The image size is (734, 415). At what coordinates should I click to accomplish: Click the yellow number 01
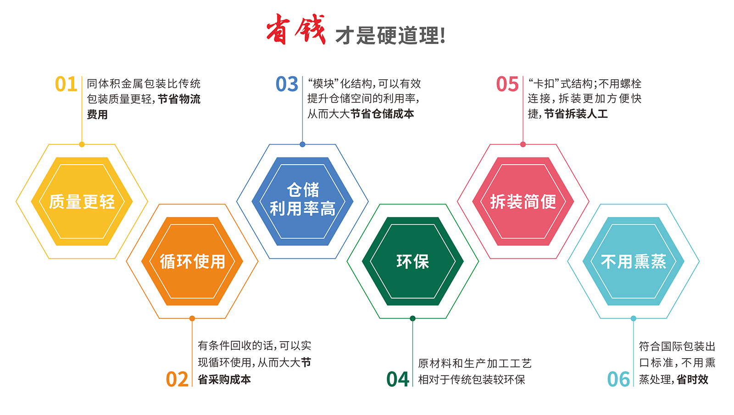click(66, 84)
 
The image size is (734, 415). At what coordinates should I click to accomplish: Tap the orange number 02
click(177, 379)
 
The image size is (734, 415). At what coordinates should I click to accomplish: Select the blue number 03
click(287, 84)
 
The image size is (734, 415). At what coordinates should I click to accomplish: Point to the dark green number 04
click(397, 379)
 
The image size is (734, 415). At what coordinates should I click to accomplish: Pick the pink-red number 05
click(507, 84)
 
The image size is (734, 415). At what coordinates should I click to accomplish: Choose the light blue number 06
click(618, 379)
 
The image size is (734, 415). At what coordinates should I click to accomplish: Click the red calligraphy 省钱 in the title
click(296, 29)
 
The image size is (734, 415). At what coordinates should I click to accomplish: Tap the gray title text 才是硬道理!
click(390, 35)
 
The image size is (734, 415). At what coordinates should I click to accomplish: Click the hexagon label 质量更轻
click(82, 201)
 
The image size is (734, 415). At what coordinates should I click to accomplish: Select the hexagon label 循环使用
click(192, 261)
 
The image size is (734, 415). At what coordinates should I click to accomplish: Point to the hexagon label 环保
click(413, 261)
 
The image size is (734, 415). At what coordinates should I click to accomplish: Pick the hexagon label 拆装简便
click(523, 201)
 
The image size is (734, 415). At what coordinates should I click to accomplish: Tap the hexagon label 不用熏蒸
click(634, 261)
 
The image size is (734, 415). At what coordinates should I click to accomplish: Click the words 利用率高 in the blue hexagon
click(302, 209)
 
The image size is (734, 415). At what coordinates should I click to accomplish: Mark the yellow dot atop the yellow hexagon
click(82, 144)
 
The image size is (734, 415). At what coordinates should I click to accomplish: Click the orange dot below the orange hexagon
click(192, 318)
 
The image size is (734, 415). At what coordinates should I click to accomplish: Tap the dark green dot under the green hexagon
click(413, 318)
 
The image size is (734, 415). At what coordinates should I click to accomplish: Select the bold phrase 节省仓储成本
click(382, 114)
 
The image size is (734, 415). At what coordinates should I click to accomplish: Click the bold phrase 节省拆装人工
click(576, 114)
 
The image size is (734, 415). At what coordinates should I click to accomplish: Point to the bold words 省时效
click(693, 380)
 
